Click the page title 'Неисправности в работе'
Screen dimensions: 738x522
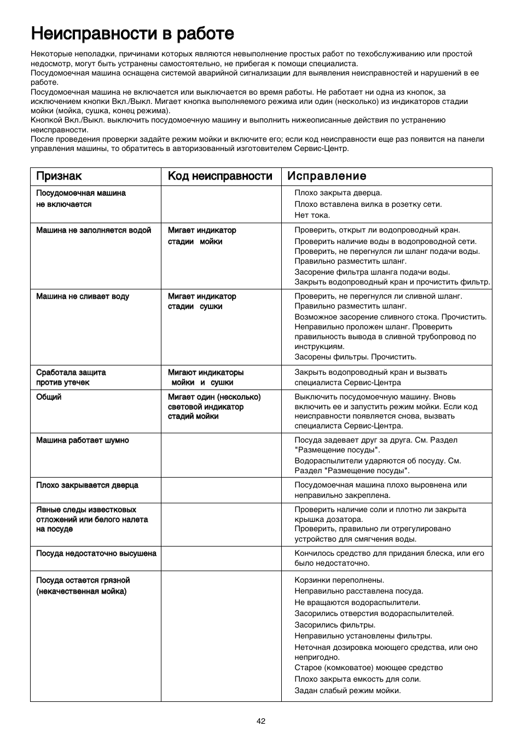click(132, 33)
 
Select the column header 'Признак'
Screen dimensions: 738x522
click(59, 176)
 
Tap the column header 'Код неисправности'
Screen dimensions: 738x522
click(220, 176)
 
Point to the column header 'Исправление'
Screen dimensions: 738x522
click(327, 176)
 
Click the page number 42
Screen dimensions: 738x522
click(261, 721)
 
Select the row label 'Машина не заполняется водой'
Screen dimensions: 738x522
click(94, 230)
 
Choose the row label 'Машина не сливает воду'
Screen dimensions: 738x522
click(83, 297)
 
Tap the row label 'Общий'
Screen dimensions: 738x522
click(49, 397)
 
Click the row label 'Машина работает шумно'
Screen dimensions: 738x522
click(83, 440)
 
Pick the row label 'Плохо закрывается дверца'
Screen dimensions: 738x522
click(87, 485)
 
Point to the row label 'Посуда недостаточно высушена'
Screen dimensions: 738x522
click(96, 554)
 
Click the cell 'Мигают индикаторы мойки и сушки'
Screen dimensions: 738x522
click(205, 377)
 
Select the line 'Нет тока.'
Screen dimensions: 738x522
click(312, 215)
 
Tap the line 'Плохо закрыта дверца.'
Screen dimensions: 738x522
click(338, 193)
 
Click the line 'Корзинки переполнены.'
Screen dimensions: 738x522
click(339, 580)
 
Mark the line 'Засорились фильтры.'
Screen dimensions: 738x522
click(335, 625)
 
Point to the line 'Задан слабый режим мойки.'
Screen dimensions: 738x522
click(347, 690)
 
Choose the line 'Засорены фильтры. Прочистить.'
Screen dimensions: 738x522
click(355, 357)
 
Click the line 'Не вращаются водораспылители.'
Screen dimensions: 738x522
click(357, 602)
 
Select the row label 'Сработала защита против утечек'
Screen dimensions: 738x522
click(71, 377)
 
